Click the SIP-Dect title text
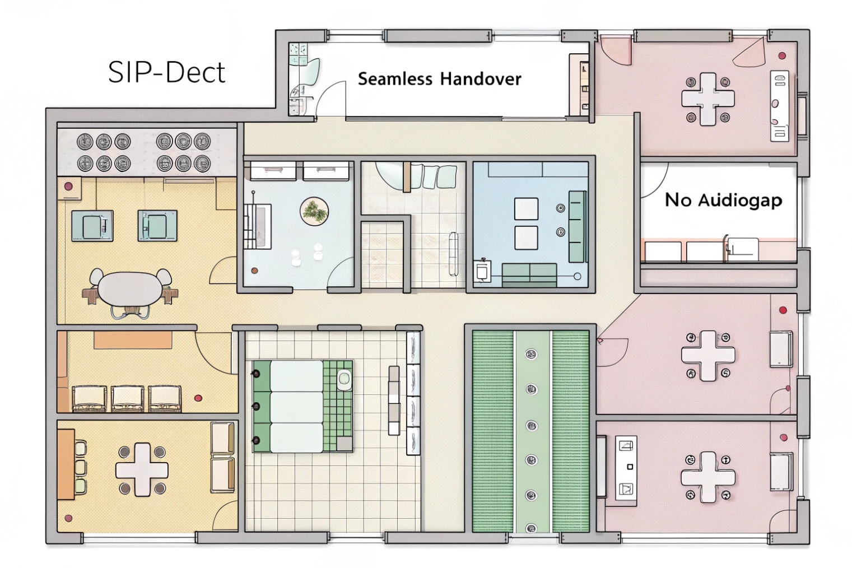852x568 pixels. tap(166, 72)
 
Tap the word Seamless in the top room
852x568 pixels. tap(394, 78)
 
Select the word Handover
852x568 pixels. tap(481, 78)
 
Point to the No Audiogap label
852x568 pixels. tap(723, 200)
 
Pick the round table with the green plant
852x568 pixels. tap(314, 211)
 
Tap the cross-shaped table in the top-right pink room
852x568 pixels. tap(707, 99)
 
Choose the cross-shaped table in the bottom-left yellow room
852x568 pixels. tap(142, 469)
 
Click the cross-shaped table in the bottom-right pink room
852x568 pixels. tap(707, 477)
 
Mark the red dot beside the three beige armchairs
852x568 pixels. tap(198, 398)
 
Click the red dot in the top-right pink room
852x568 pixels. tap(782, 55)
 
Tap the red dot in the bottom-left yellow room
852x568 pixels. tap(69, 518)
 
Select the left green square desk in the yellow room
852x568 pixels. tap(92, 226)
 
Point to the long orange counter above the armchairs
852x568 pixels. tap(133, 339)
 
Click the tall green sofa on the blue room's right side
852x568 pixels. tap(578, 226)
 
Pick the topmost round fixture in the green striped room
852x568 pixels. tap(531, 353)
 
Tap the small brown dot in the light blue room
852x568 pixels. tap(255, 271)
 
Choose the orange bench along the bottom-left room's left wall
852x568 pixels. tap(66, 464)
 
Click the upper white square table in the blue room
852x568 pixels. tap(526, 209)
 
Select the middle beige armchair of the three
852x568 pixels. tap(127, 398)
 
